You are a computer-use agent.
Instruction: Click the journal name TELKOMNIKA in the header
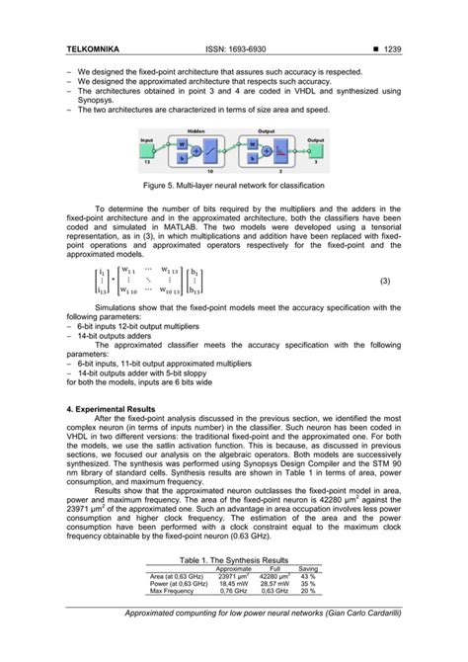[x=95, y=47]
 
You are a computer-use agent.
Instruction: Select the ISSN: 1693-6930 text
[x=234, y=47]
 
